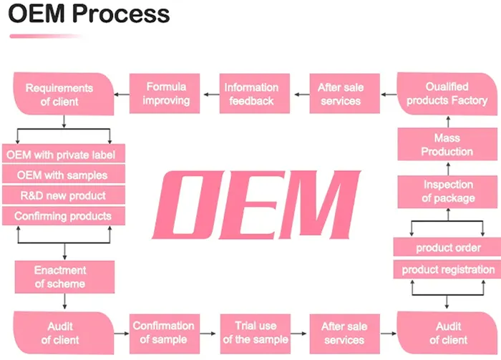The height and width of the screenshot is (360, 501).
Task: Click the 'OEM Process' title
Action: [x=89, y=14]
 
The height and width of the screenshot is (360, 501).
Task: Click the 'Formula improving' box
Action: [x=166, y=94]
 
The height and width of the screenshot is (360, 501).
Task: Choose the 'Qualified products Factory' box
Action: [x=446, y=94]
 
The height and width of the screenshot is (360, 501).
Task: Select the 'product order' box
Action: [x=447, y=248]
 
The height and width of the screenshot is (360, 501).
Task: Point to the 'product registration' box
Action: [x=447, y=270]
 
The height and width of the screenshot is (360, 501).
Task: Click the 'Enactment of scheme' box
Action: [x=65, y=277]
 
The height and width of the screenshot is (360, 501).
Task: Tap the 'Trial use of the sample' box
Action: [x=256, y=333]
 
